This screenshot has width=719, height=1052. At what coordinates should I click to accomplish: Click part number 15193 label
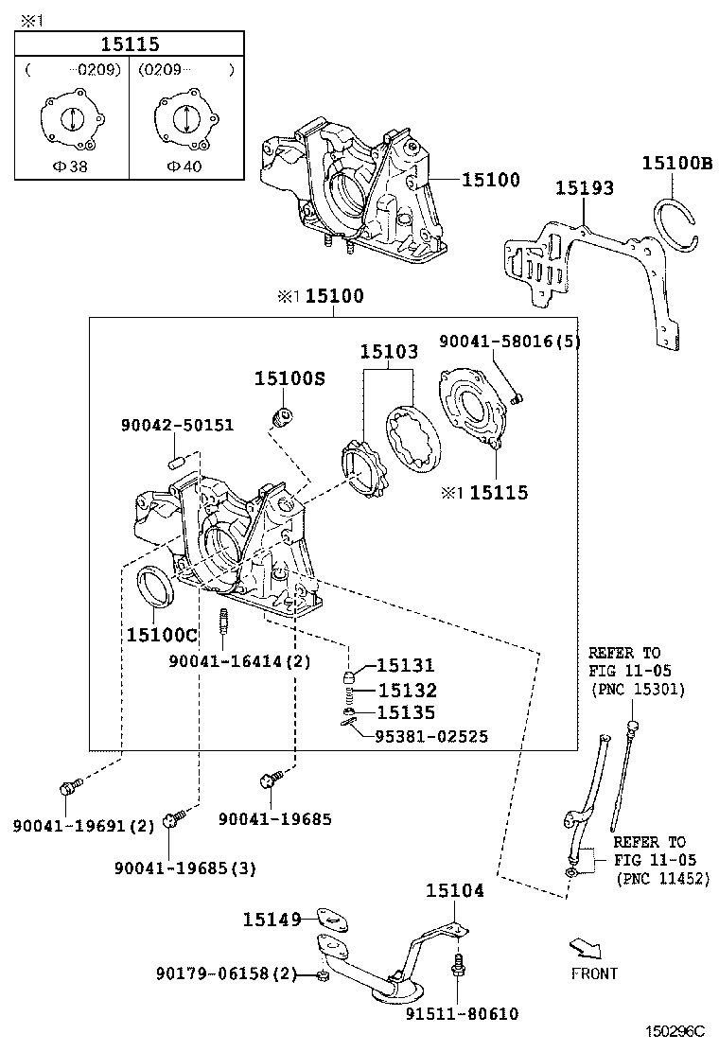[584, 188]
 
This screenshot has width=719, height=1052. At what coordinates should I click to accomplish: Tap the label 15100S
[289, 378]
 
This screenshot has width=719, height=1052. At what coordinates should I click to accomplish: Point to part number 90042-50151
[177, 426]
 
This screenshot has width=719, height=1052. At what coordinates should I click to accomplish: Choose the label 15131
[406, 666]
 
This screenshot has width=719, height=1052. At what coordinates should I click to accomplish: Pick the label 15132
[406, 691]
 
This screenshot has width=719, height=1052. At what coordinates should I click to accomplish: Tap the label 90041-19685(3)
[184, 868]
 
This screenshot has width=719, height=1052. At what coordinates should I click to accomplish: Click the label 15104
[454, 890]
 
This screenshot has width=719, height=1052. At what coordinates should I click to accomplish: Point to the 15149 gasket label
[272, 919]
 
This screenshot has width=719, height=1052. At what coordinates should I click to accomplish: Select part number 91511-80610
[462, 1014]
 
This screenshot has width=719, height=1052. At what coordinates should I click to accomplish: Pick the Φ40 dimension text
[183, 165]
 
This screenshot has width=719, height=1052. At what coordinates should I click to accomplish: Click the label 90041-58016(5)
[509, 342]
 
